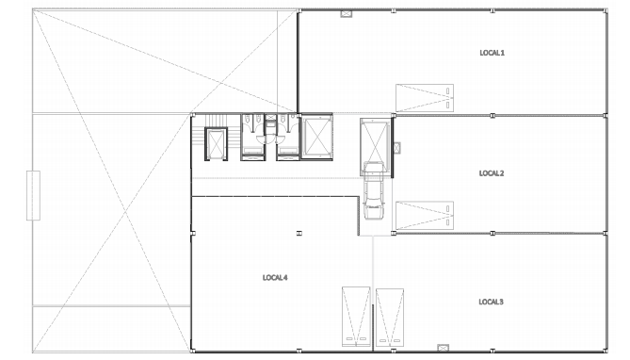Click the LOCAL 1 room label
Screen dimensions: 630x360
(492, 53)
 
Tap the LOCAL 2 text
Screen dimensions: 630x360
(492, 173)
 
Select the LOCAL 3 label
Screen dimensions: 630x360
(491, 302)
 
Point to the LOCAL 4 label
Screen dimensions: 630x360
(275, 278)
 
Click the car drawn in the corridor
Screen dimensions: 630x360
(374, 190)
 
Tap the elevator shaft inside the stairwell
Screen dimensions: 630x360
(217, 143)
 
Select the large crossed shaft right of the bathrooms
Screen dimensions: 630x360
(316, 137)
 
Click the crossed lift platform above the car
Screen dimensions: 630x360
(375, 147)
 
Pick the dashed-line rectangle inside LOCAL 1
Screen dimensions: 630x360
(425, 98)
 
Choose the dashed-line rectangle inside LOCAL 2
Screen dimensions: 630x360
(425, 216)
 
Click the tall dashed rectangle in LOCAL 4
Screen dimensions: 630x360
(356, 316)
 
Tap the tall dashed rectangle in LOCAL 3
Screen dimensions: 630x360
(390, 317)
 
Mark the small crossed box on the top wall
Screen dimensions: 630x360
(347, 14)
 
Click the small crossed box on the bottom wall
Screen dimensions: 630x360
(443, 347)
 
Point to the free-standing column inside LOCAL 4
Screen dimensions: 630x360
(299, 233)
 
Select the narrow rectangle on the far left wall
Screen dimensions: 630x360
(33, 195)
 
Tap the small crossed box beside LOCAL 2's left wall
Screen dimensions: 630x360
(397, 148)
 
